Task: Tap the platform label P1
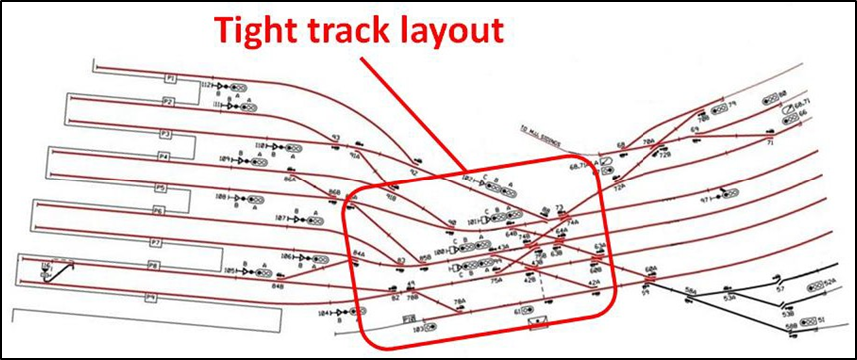(171, 77)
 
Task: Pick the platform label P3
(166, 133)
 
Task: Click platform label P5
(159, 187)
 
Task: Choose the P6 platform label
(158, 211)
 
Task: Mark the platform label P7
(155, 242)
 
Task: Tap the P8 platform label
(153, 266)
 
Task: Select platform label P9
(151, 297)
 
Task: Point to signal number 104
(322, 313)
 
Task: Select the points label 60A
(651, 269)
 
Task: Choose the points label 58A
(690, 290)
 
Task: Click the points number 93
(335, 138)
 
